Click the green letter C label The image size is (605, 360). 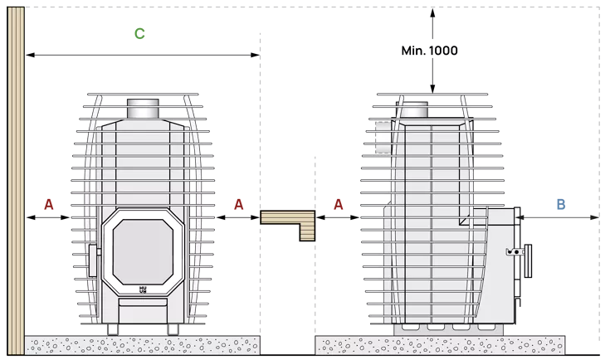coord(139,33)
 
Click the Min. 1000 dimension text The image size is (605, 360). coord(429,51)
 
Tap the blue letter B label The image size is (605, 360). coord(561,204)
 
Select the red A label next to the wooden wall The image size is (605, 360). coord(49,204)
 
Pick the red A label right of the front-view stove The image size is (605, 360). coord(239,204)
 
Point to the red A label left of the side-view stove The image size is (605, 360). coord(339,204)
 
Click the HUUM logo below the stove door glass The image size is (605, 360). coord(143,289)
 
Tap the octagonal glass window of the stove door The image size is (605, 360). coord(143,252)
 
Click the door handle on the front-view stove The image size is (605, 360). coord(94,260)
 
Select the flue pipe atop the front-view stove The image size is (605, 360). coord(143,109)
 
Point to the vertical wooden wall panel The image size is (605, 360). coord(16,181)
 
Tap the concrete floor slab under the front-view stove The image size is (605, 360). coord(143,345)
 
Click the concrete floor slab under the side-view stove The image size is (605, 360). coord(440,345)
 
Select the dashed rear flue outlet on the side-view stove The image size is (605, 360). coord(383,138)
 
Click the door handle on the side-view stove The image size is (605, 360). coord(528,260)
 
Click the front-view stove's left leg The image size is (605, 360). coord(113,329)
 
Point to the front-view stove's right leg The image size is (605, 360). coord(173,329)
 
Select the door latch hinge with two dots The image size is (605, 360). coord(515,252)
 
